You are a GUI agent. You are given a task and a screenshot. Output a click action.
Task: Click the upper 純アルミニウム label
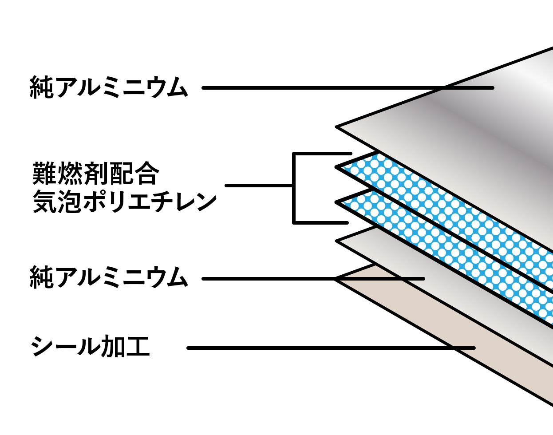pos(109,87)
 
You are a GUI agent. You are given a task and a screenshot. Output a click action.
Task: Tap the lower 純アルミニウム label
pos(109,278)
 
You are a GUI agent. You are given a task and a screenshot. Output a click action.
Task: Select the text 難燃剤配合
pos(95,174)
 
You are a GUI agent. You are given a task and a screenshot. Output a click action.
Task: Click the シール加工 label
pos(91,347)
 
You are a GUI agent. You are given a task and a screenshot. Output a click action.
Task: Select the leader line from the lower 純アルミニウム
pos(266,279)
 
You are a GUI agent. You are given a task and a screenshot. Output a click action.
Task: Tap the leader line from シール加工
pos(311,348)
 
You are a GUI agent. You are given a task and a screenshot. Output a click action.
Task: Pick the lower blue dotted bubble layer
pos(444,253)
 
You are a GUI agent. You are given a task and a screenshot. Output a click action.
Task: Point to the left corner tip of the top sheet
pos(337,127)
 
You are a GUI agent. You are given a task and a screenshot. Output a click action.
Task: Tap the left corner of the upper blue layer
pos(338,167)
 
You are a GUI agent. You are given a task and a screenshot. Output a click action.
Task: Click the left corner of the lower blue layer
pos(338,203)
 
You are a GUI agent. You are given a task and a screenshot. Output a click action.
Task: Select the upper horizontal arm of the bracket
pos(322,154)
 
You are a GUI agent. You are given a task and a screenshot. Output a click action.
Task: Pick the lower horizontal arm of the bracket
pos(320,222)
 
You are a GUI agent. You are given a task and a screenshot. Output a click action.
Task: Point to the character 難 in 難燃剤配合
pos(44,174)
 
